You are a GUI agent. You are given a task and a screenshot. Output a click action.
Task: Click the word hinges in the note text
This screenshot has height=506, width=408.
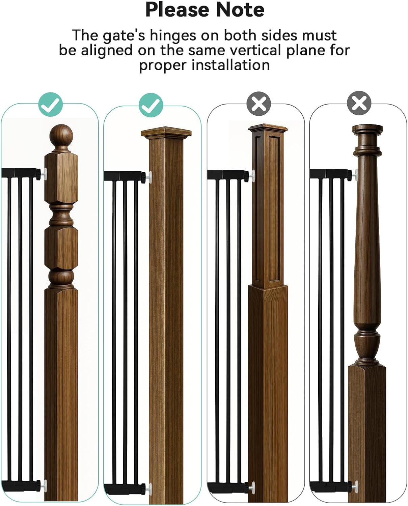(173, 36)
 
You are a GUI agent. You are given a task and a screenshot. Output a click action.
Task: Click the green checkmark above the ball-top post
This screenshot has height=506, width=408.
(50, 104)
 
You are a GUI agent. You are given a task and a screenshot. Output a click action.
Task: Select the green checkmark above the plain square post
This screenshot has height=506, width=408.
(151, 105)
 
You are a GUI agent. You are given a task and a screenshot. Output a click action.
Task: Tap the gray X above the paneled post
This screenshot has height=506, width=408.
(259, 104)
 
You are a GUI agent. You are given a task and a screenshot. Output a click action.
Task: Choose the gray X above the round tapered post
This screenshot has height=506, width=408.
(359, 103)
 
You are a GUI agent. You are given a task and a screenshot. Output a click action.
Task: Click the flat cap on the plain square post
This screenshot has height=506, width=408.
(166, 133)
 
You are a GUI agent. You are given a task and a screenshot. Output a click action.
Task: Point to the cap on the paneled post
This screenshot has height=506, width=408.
(268, 128)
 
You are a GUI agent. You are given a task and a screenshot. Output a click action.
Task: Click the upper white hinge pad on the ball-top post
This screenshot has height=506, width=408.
(44, 174)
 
